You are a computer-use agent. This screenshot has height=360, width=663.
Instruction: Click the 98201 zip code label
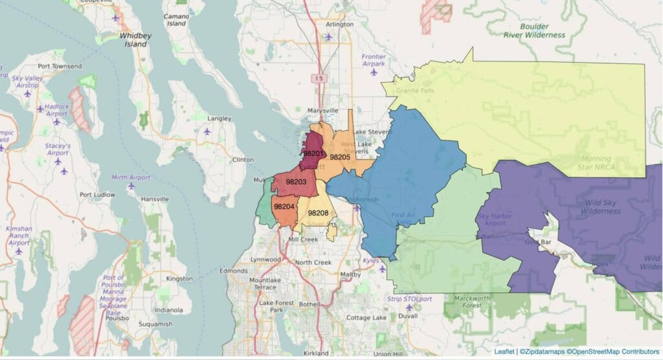tap(313, 153)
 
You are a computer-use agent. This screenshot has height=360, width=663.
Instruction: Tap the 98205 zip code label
tap(340, 157)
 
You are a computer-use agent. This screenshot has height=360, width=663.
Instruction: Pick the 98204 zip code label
tap(284, 207)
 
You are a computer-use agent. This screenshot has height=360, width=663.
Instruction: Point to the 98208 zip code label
tap(318, 212)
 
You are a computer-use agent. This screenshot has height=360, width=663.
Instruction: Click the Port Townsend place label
tap(60, 66)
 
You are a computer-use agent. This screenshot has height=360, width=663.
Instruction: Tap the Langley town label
tap(219, 118)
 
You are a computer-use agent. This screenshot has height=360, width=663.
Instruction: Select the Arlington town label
tap(340, 25)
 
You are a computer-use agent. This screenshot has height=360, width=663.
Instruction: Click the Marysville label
tap(322, 111)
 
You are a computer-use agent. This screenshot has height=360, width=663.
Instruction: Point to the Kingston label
tap(179, 278)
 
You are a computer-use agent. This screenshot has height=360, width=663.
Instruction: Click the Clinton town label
tap(242, 159)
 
